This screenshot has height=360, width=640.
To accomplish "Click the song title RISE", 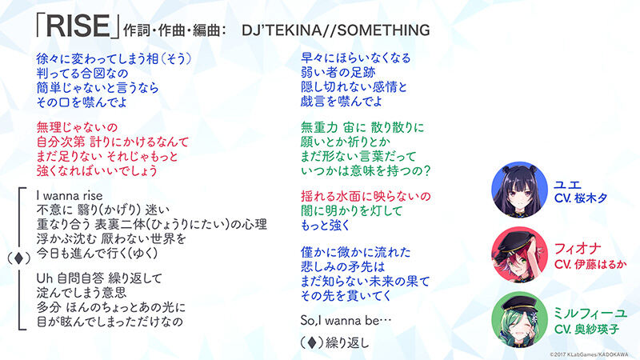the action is (78, 26).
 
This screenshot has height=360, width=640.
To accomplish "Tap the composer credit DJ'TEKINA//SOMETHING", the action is (335, 30).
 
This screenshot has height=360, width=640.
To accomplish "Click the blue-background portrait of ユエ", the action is (519, 190).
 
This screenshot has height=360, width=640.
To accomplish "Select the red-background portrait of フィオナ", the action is (519, 254).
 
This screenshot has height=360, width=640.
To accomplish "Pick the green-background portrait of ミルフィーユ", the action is (519, 319).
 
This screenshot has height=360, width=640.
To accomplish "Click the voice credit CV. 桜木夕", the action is (581, 198).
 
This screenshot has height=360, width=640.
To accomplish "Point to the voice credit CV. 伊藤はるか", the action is (590, 265).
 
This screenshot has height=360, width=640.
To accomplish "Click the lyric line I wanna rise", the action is (70, 195).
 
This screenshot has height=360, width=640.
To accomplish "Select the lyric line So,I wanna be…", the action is (346, 321).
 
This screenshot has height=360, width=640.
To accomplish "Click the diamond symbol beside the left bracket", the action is (18, 258).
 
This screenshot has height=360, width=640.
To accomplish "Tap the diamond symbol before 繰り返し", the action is (312, 342).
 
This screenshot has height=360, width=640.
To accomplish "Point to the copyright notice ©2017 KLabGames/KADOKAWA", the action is (589, 354).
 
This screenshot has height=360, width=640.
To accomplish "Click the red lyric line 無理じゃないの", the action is (77, 127).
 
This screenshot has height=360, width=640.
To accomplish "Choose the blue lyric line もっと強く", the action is (326, 226).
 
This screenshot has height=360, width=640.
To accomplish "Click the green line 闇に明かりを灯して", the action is (351, 211).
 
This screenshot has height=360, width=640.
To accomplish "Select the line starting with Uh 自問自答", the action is (99, 278).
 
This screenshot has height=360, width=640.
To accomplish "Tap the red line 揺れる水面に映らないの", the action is (366, 196).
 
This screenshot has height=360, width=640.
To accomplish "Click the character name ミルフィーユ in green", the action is (590, 314).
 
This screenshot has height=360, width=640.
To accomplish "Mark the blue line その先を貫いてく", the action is (346, 295).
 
